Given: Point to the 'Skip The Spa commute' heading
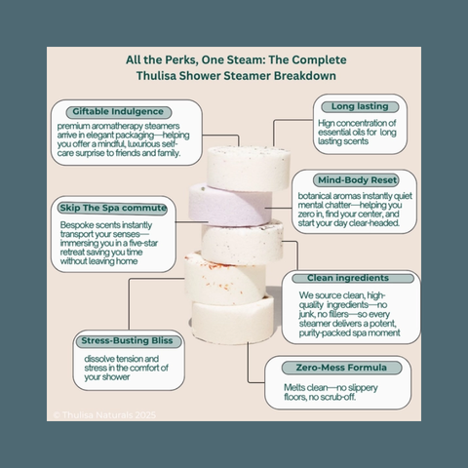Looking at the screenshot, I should click(113, 209).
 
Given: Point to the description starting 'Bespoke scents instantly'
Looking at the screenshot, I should click(108, 243).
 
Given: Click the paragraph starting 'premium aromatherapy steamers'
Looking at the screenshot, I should click(123, 137).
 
